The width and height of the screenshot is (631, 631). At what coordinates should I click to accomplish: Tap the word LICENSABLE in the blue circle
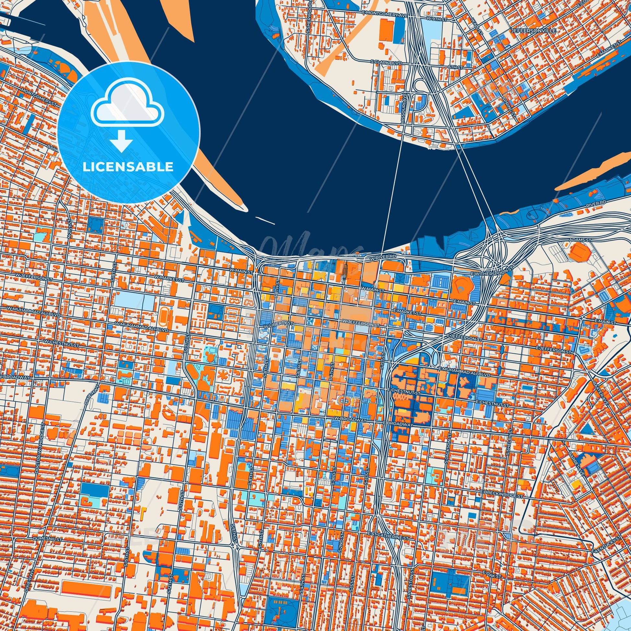(128, 167)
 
